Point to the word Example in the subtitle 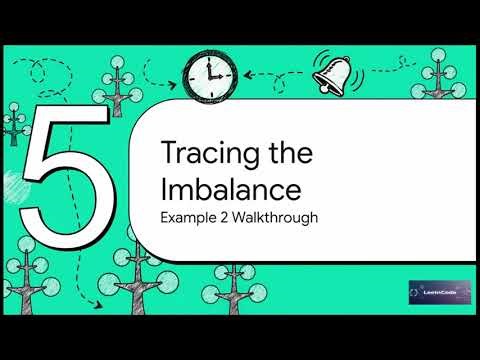(x=189, y=216)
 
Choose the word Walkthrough (x=276, y=216)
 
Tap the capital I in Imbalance (x=164, y=188)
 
